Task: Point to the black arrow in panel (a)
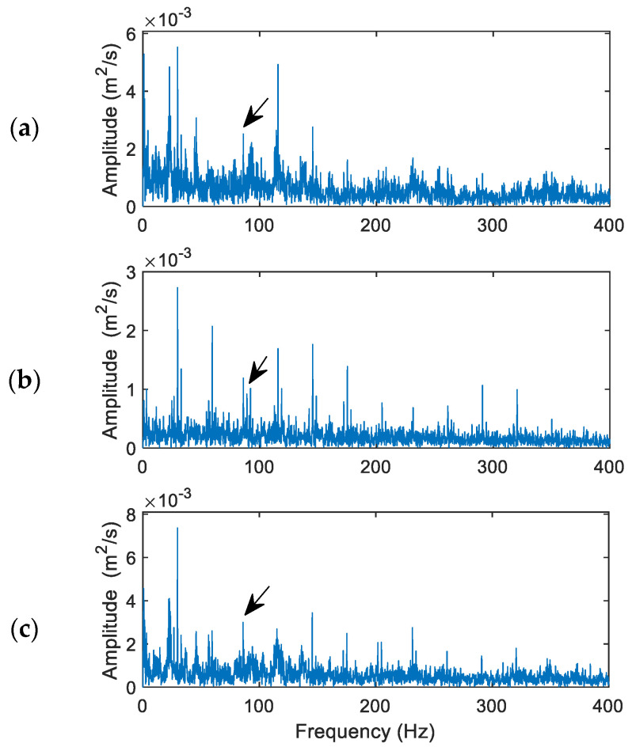(x=255, y=112)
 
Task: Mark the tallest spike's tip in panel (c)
(x=177, y=528)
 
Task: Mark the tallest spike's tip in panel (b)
(x=177, y=287)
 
